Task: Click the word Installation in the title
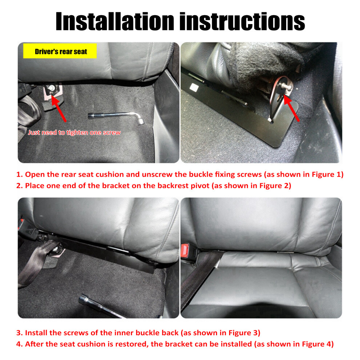pos(115,21)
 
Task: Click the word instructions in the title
pos(242,21)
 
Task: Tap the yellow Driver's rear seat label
pos(60,51)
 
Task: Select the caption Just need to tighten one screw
pos(74,132)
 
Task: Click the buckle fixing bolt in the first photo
pos(51,88)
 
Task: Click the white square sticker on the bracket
pos(194,87)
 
